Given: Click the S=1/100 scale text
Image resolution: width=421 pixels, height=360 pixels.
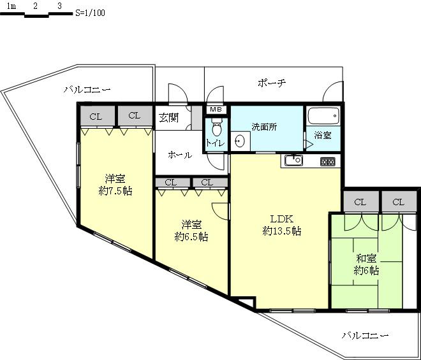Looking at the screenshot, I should coord(89,12).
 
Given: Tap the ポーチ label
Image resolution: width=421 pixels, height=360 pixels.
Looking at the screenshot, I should coord(272,83).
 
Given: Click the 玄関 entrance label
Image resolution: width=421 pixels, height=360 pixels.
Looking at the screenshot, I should coord(168,118).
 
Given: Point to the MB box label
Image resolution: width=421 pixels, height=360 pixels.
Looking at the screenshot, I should coord(216,110).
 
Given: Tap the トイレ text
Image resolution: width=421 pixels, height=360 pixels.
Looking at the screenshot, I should coord(215,143).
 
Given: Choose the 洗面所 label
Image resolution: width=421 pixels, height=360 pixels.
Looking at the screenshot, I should coord(264,126).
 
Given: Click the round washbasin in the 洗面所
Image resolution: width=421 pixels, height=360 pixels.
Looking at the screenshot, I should coord(239,141).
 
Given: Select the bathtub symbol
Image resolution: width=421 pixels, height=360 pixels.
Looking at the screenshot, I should coord(323,117).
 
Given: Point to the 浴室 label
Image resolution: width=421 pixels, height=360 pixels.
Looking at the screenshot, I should coord(323,136).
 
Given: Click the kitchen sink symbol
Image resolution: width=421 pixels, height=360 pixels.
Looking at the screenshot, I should coord(295,160).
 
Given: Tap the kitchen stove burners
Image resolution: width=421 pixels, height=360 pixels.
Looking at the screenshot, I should coord(327,162).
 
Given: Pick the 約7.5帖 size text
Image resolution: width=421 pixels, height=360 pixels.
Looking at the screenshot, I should coord(115,191).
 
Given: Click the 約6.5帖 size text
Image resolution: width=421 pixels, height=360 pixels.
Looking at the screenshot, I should coord(191,236).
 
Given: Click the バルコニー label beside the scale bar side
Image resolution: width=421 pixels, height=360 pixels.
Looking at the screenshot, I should coord(87,90).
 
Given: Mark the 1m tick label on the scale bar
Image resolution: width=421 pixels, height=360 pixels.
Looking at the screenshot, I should coord(12,5).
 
